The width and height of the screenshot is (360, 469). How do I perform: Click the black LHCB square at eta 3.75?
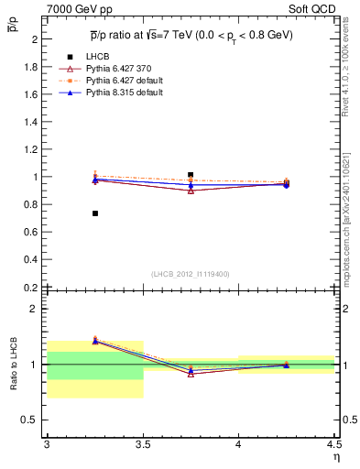[191, 174]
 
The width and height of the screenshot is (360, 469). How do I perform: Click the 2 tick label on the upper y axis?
[35, 39]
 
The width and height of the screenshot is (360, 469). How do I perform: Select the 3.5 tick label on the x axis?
[142, 446]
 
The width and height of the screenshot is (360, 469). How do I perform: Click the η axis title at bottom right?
[335, 457]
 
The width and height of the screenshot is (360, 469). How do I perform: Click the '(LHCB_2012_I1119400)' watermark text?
[191, 274]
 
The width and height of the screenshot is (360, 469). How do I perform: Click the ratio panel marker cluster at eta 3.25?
[95, 341]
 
